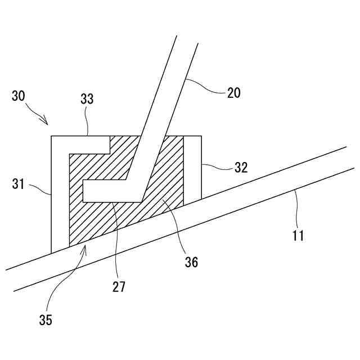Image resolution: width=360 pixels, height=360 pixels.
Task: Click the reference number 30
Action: click(18, 96)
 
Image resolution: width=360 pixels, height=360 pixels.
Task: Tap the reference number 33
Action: click(87, 100)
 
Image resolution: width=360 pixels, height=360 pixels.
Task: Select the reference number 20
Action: click(233, 93)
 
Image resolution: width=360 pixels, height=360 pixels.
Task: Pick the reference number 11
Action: click(298, 235)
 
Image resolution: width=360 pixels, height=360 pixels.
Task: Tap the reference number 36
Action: click(191, 262)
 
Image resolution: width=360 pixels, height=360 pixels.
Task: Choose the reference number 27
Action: click(119, 287)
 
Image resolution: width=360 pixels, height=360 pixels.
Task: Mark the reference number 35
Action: click(46, 321)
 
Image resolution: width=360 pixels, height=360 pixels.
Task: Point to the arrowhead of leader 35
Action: click(84, 248)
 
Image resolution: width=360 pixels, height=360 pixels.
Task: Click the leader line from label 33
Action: click(87, 121)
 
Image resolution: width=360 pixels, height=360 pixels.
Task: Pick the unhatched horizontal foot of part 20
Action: click(110, 191)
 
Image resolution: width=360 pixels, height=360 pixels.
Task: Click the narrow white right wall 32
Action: click(192, 169)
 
